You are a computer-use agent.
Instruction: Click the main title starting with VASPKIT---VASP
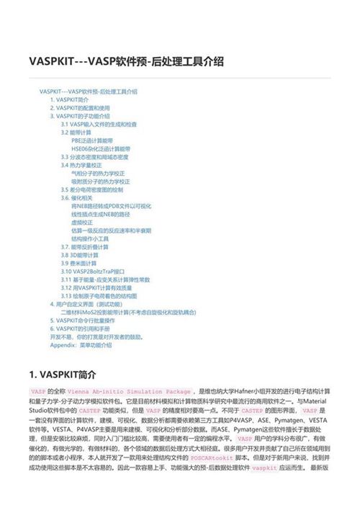pyautogui.click(x=126, y=62)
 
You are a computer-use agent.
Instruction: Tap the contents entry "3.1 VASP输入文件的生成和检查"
pyautogui.click(x=99, y=124)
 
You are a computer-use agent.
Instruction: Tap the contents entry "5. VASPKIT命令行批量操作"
pyautogui.click(x=90, y=320)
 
